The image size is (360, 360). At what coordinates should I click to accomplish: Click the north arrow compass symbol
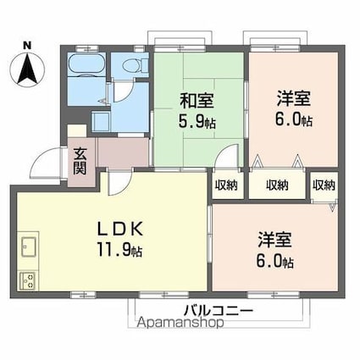[x=27, y=69]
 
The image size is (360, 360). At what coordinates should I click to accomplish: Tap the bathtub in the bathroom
[x=87, y=65]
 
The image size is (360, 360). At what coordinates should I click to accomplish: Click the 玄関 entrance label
[x=80, y=161]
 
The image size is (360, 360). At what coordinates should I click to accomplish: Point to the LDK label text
[x=119, y=229]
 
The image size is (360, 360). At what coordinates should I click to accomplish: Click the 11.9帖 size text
[x=119, y=249]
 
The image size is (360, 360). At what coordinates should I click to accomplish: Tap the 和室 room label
[x=197, y=101]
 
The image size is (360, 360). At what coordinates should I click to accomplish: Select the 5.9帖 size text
[x=197, y=121]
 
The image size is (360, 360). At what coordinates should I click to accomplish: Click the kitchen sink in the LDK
[x=28, y=246]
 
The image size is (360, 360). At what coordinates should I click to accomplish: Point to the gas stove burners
[x=27, y=281]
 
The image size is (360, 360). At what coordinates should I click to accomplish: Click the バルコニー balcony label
[x=218, y=312]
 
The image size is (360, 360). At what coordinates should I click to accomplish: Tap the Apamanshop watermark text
[x=180, y=323]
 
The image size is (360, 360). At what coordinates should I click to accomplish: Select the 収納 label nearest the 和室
[x=227, y=185]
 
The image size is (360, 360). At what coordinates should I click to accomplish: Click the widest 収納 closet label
[x=277, y=185]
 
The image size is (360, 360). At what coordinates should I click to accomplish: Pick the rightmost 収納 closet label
[x=324, y=185]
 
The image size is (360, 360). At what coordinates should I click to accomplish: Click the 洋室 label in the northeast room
[x=294, y=98]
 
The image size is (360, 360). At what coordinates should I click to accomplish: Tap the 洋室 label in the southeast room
[x=274, y=240]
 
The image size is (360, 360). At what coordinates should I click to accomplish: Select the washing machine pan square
[x=100, y=122]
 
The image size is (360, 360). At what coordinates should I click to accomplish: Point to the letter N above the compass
[x=27, y=46]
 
